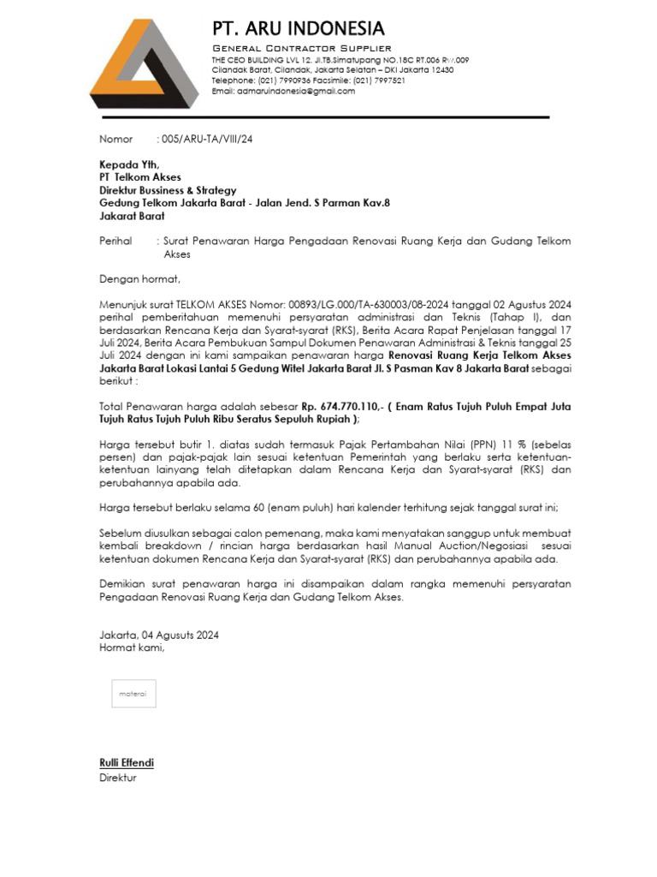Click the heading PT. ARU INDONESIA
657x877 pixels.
coord(298,29)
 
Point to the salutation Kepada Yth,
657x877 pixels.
coord(129,164)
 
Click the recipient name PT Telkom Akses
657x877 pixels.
coord(134,177)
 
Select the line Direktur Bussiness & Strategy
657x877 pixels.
coord(168,190)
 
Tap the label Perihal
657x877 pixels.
coord(116,242)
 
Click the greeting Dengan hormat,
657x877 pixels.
coord(140,279)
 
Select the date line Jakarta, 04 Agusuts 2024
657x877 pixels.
coord(159,635)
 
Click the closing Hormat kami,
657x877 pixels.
coord(132,647)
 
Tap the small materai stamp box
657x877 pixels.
coord(133,694)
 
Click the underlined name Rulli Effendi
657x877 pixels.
coord(127,763)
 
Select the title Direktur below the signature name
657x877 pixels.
coord(118,778)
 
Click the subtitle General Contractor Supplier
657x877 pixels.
coord(302,48)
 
